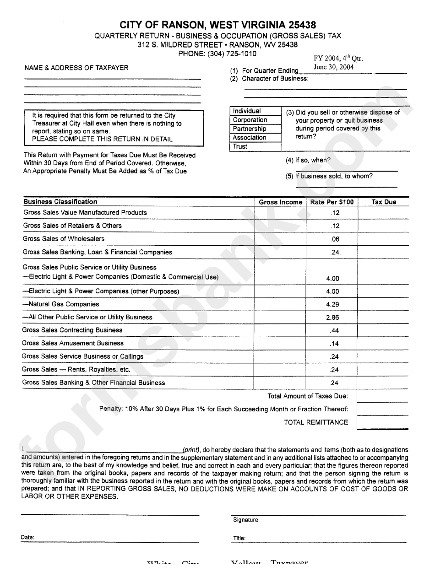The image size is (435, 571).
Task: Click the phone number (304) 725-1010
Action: pos(232,54)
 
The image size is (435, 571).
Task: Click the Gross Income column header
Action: pos(280,202)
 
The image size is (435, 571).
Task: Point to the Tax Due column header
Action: pos(384,202)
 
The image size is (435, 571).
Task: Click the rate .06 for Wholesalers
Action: pos(334,239)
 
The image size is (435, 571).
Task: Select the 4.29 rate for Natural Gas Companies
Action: pos(332,304)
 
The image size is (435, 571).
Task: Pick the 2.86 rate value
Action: pos(332,317)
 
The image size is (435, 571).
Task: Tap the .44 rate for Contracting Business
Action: pos(334,330)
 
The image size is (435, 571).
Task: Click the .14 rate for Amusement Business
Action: pos(334,344)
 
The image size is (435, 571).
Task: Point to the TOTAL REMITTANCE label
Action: pos(316,422)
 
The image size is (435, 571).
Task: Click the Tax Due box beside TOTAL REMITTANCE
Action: pos(382,422)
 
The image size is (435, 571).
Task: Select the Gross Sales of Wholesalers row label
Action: pos(64,239)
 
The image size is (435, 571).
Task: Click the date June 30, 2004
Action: pos(333,67)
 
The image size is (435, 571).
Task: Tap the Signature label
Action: pos(245,520)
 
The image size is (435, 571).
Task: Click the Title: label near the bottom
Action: pos(239,538)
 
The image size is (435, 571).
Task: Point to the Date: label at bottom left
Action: pos(27,538)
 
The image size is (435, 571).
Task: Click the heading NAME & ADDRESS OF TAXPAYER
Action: pos(76,68)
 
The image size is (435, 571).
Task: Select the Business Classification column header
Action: pos(60,202)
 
